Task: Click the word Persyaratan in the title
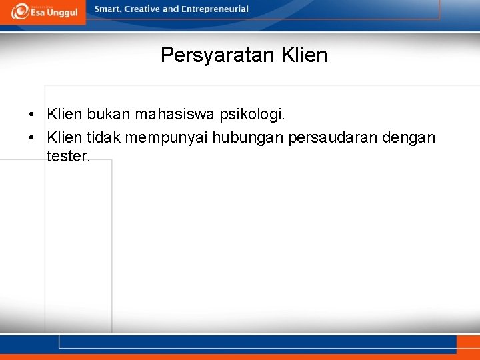tap(215, 55)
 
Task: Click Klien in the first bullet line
tap(65, 115)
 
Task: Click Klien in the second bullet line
tap(65, 137)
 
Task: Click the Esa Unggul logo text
tap(53, 13)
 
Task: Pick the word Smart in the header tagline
tap(108, 9)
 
